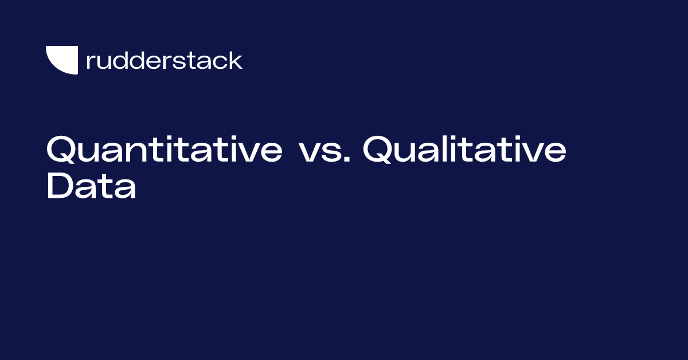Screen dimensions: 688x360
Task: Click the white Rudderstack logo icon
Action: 62,60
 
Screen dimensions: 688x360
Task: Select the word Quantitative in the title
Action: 165,149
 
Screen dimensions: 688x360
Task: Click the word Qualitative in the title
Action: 464,149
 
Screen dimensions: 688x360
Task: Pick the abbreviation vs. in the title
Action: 325,152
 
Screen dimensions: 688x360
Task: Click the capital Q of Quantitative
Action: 61,150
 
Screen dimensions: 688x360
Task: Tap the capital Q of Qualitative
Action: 377,150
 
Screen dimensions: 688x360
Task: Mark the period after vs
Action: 347,159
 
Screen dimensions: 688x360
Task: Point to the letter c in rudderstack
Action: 219,62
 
